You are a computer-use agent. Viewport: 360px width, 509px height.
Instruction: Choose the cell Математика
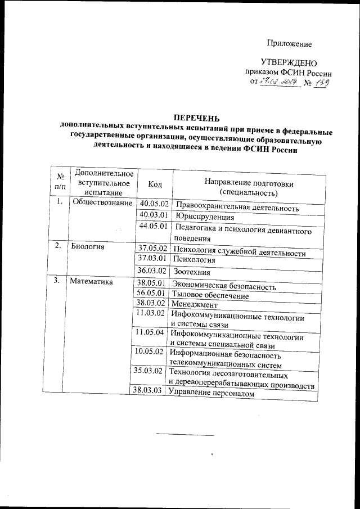[x=91, y=281]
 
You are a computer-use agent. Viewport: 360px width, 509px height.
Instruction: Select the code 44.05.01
[x=153, y=227]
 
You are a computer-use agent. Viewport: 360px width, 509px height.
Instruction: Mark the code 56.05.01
[x=150, y=293]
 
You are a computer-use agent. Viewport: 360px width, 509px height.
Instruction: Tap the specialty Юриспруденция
[x=204, y=217]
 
